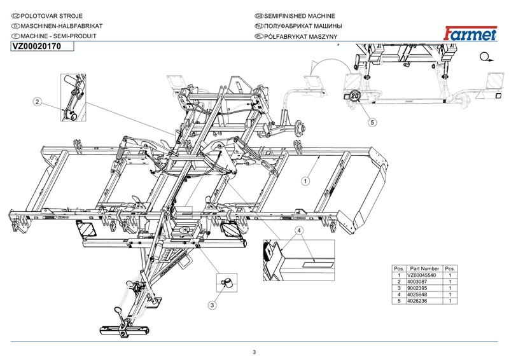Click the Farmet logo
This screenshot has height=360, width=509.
tap(470, 34)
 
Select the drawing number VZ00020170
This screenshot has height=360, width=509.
tap(37, 46)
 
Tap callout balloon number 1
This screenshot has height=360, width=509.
tap(305, 181)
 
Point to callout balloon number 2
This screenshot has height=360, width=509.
tap(38, 102)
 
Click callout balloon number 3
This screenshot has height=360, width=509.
tap(213, 305)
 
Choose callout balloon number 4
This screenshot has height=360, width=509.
tap(299, 230)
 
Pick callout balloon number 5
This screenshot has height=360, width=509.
tap(372, 122)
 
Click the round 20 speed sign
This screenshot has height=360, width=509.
tap(355, 96)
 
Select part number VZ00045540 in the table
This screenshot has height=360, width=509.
tap(421, 275)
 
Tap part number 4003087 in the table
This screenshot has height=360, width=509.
tap(417, 282)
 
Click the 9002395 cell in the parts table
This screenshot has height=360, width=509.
tap(417, 288)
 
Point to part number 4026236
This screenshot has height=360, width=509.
tap(417, 301)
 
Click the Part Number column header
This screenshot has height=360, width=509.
tap(424, 269)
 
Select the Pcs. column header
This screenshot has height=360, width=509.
tap(450, 269)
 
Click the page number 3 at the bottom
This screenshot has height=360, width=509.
tap(254, 352)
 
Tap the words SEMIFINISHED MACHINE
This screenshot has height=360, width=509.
tap(300, 16)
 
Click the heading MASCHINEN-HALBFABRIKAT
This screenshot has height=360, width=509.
tap(62, 26)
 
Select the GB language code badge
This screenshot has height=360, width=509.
tap(259, 16)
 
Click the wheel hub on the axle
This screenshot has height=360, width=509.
tap(300, 128)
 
